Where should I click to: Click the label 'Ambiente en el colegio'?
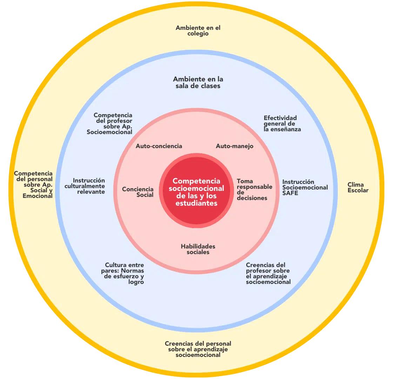click(198, 31)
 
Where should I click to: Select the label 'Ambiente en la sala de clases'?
click(198, 82)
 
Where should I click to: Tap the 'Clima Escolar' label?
click(358, 187)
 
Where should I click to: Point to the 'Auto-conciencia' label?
click(159, 146)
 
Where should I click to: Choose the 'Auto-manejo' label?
click(234, 146)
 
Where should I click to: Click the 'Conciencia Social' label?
click(138, 192)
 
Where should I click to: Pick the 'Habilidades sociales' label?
click(198, 249)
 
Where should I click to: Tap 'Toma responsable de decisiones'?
click(254, 189)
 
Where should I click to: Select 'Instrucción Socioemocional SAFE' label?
click(305, 187)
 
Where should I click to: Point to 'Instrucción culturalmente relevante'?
click(85, 186)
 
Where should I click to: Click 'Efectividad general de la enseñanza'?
click(282, 124)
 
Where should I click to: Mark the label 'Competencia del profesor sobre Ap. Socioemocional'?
click(110, 124)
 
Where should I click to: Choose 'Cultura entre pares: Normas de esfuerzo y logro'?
click(124, 273)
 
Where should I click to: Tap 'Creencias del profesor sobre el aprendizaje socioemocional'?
click(268, 273)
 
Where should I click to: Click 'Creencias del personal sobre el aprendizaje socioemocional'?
click(198, 349)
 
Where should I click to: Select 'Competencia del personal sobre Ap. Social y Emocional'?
click(34, 185)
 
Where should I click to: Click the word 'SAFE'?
click(290, 193)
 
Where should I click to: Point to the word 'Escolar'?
click(358, 191)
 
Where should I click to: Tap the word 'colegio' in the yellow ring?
click(198, 34)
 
